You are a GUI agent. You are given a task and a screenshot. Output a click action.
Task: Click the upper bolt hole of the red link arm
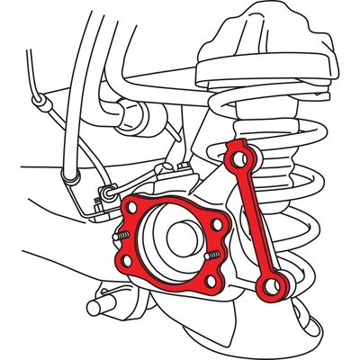point(238,158)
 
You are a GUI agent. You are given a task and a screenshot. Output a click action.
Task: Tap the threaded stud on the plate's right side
point(212,256)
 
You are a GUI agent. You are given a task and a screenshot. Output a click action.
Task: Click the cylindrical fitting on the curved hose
point(130,114)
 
